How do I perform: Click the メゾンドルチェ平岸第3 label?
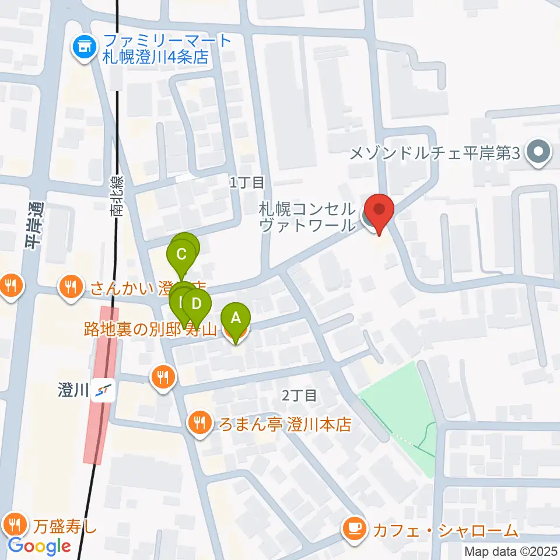pyautogui.click(x=434, y=154)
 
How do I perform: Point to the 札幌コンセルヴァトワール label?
pyautogui.click(x=306, y=217)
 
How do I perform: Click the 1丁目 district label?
pyautogui.click(x=247, y=183)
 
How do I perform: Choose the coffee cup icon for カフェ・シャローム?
pyautogui.click(x=354, y=530)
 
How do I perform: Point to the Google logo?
pyautogui.click(x=39, y=546)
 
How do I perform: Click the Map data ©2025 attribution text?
pyautogui.click(x=511, y=551)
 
